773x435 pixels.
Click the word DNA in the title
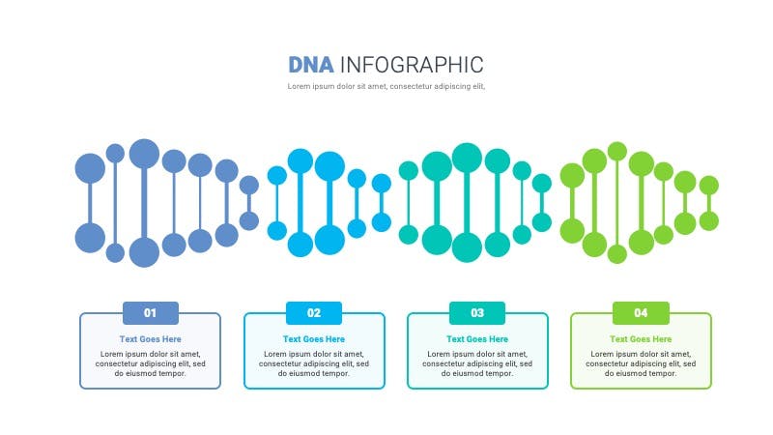pos(310,65)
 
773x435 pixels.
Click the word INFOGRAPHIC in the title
pos(413,65)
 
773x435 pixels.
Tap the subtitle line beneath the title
pos(386,86)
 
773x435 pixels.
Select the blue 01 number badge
pos(151,312)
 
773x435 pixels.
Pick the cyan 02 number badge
pos(314,312)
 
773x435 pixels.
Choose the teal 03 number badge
pos(477,312)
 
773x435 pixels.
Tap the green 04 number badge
pos(641,312)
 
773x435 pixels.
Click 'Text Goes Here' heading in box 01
pos(151,339)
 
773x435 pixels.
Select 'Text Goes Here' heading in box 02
pos(314,339)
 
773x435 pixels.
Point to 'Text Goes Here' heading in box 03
pos(477,339)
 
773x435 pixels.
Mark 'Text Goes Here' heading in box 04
pos(641,339)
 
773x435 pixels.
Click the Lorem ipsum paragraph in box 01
pos(151,364)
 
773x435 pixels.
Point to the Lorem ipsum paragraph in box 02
pos(314,364)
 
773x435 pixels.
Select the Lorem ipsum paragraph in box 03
pos(477,364)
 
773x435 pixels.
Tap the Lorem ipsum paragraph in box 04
pos(641,364)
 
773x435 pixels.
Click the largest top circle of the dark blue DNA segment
pos(144,154)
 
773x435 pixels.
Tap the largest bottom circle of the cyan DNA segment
pos(329,240)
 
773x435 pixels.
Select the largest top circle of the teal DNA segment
pos(467,158)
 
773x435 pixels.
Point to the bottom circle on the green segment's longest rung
pos(617,254)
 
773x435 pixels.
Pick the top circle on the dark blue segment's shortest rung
pos(249,186)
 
